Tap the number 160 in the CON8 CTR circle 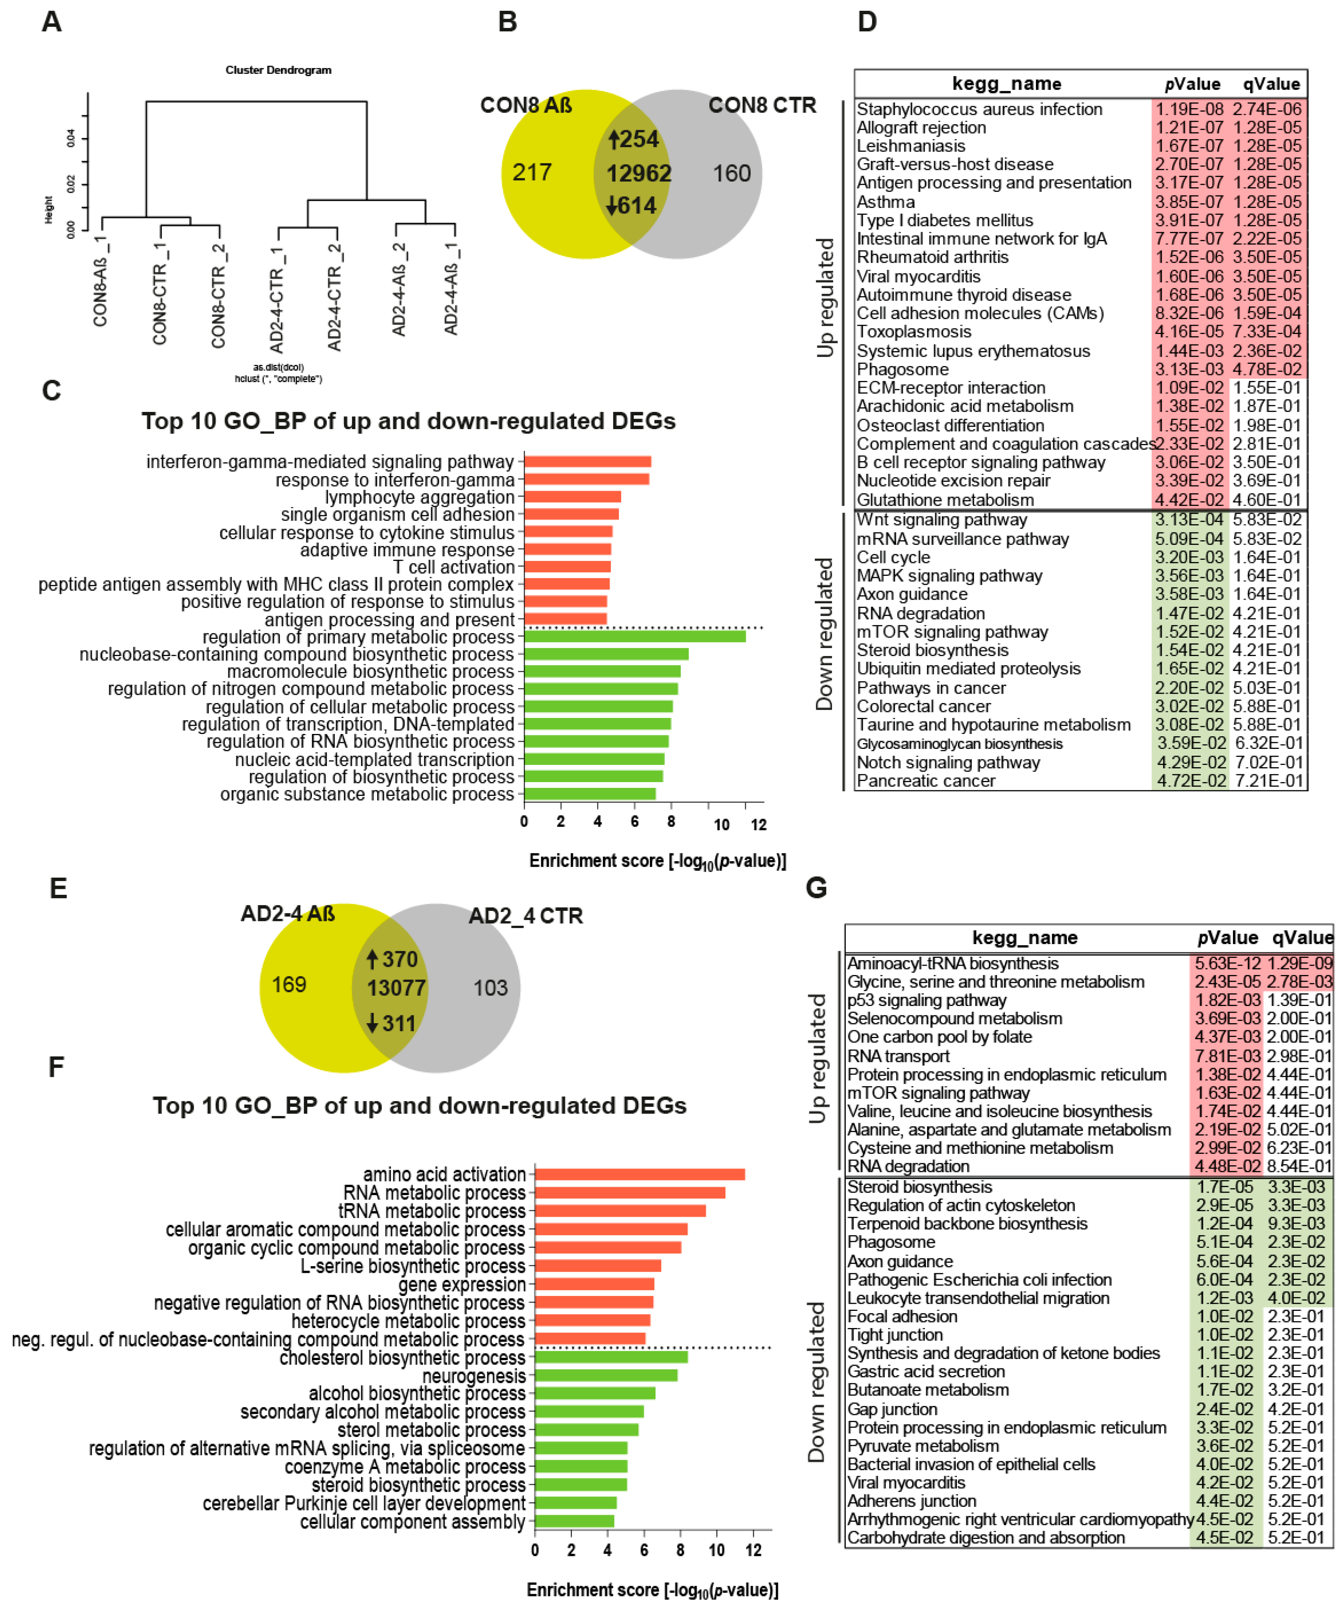732,174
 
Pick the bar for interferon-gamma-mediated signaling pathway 588,461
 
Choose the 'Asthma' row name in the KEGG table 886,201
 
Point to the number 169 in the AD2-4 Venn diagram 289,985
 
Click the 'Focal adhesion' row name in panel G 902,1316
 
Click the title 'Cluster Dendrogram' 278,70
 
